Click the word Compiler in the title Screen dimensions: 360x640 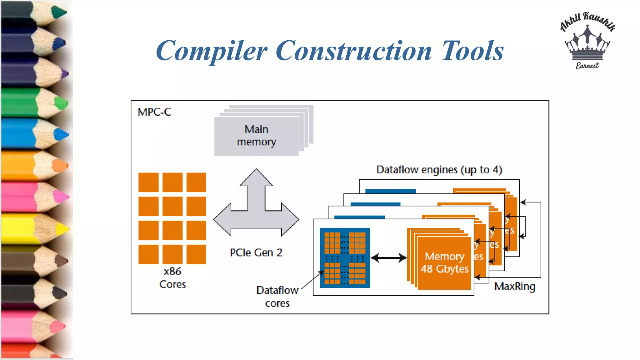[212, 51]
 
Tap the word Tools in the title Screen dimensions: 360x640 [472, 51]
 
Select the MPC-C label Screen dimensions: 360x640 [154, 112]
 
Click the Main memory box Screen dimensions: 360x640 [257, 136]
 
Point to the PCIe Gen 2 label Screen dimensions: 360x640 [256, 252]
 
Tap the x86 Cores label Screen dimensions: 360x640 [172, 278]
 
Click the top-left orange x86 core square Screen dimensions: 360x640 [148, 182]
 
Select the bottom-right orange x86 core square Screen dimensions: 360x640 [196, 254]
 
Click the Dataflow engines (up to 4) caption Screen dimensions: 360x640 [439, 170]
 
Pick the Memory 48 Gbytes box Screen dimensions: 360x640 [444, 263]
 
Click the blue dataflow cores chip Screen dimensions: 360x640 [345, 258]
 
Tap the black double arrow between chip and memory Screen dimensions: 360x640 [388, 258]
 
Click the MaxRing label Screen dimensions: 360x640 [515, 286]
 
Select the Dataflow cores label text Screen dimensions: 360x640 [277, 296]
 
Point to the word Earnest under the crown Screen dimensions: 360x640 [587, 66]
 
